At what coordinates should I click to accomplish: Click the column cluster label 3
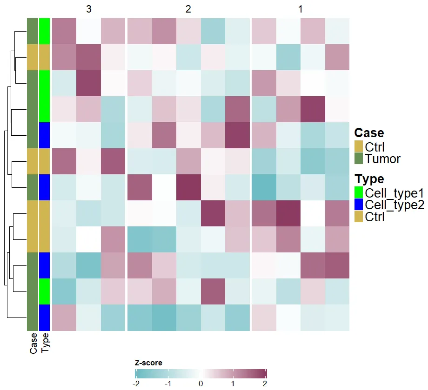tap(88, 9)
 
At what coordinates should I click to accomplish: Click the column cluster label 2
tap(188, 9)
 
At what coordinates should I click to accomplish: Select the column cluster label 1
tap(301, 9)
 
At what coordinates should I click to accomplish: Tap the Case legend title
tap(369, 133)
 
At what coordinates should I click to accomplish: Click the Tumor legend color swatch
tap(359, 159)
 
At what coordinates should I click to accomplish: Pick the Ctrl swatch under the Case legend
tap(359, 146)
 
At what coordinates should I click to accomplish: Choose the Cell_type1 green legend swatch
tap(359, 192)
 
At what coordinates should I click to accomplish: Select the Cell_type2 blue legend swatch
tap(359, 205)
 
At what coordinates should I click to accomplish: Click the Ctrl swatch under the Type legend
tap(359, 216)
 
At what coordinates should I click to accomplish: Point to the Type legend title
tap(369, 179)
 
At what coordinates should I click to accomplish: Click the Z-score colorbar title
tap(148, 363)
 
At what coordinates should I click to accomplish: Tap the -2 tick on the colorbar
tap(136, 384)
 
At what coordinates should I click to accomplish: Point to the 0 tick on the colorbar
tap(201, 384)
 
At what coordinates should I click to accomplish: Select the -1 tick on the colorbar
tap(168, 384)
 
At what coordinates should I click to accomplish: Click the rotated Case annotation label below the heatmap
tap(33, 343)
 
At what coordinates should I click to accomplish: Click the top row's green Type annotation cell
tap(45, 31)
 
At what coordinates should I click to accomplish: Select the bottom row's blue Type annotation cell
tap(45, 317)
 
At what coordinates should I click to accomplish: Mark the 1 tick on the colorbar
tap(233, 384)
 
